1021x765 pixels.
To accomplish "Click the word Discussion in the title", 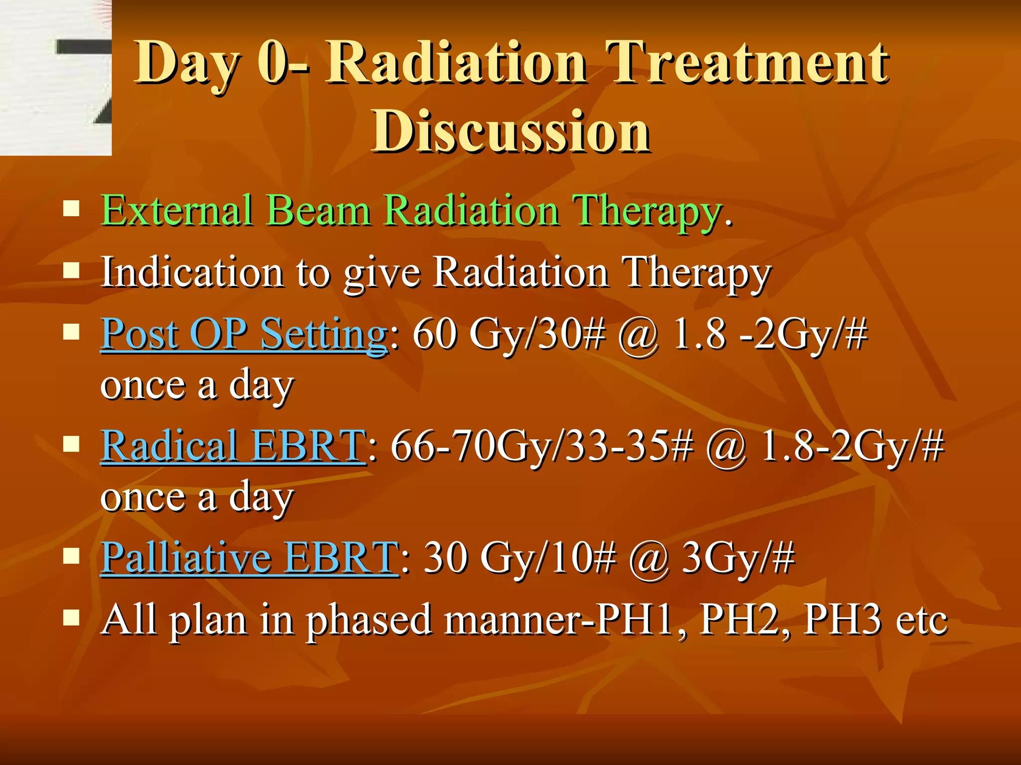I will (x=511, y=131).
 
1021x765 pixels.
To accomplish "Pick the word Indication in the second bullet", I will (x=192, y=272).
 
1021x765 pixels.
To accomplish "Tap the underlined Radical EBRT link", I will (x=233, y=446).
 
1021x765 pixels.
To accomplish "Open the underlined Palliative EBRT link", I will (x=249, y=557).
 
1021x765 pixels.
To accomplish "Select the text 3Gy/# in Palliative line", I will (x=738, y=557).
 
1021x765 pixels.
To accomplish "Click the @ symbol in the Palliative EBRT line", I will (x=648, y=558).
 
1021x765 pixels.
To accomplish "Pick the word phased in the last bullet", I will (x=369, y=621).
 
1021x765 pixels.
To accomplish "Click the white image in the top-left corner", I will (x=55, y=77).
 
